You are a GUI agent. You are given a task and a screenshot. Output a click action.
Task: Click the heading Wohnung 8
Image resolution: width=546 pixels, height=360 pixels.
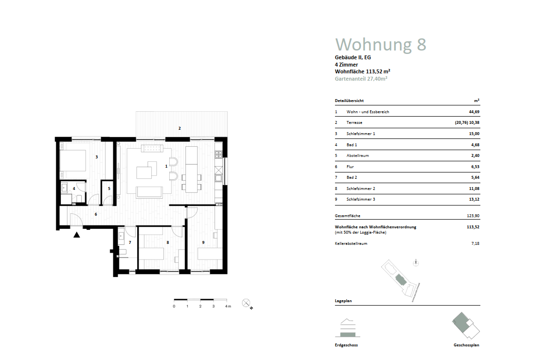pyautogui.click(x=381, y=44)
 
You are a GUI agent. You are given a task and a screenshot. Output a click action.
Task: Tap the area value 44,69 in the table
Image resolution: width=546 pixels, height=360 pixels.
pyautogui.click(x=474, y=112)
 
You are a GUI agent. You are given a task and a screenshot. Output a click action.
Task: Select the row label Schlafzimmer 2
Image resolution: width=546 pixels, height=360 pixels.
pyautogui.click(x=361, y=189)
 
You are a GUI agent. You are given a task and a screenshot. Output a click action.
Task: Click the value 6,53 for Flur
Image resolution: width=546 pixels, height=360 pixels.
pyautogui.click(x=475, y=167)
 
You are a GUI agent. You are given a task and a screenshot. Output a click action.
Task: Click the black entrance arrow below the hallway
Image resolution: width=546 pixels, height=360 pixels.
pyautogui.click(x=76, y=235)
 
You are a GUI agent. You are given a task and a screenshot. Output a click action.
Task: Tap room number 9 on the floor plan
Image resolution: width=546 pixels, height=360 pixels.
pyautogui.click(x=203, y=242)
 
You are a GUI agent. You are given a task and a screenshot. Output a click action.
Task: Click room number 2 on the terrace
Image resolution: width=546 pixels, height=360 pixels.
pyautogui.click(x=179, y=128)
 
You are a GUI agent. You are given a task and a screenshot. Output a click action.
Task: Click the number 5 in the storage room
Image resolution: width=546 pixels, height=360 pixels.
pyautogui.click(x=109, y=188)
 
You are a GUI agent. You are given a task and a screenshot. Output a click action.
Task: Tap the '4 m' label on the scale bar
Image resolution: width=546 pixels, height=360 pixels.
pyautogui.click(x=228, y=307)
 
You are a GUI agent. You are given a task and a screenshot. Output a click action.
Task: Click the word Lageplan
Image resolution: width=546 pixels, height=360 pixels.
pyautogui.click(x=343, y=301)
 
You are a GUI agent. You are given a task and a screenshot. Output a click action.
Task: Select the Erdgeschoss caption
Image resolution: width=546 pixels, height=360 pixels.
pyautogui.click(x=346, y=345)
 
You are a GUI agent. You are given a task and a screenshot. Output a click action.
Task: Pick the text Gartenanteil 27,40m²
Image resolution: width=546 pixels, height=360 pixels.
pyautogui.click(x=361, y=78)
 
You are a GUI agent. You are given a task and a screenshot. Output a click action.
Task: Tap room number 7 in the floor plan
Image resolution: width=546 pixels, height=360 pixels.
pyautogui.click(x=130, y=242)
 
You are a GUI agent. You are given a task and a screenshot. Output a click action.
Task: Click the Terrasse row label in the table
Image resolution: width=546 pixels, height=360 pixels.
pyautogui.click(x=354, y=123)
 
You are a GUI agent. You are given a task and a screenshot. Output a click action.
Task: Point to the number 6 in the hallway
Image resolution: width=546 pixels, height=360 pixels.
pyautogui.click(x=96, y=214)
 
